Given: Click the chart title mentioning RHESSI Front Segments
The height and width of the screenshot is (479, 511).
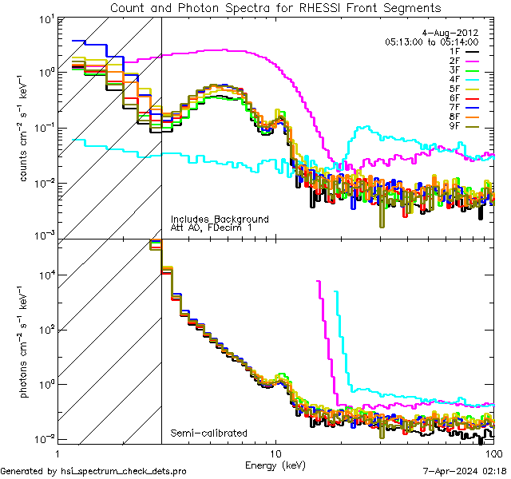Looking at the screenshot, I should point(275,7).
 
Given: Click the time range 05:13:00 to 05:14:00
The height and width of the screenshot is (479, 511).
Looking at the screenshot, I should point(431,42).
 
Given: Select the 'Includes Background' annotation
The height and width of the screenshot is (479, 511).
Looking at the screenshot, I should point(220,220).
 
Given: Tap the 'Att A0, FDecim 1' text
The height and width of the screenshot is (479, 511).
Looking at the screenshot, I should point(212,229).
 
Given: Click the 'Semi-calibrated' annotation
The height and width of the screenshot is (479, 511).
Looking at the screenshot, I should point(208,433).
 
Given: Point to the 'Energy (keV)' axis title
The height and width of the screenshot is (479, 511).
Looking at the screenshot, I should point(276,464).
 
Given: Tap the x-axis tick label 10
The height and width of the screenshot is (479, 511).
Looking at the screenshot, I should point(276,453).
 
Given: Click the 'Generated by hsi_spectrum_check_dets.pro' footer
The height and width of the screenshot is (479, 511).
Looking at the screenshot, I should point(93,472).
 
